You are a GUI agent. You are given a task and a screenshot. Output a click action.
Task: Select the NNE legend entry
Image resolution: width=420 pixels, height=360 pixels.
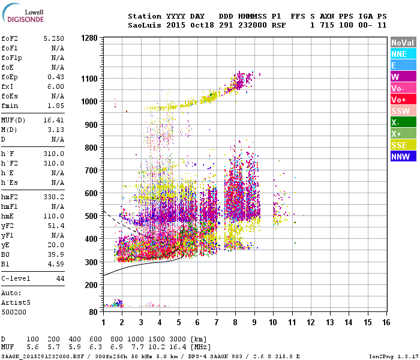click(403, 54)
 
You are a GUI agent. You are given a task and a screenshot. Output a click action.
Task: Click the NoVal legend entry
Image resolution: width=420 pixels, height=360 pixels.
click(403, 43)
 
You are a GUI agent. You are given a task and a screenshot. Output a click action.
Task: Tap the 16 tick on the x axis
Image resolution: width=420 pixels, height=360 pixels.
click(386, 322)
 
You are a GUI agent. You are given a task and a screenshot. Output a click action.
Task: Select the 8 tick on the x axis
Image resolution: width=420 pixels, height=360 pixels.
click(235, 322)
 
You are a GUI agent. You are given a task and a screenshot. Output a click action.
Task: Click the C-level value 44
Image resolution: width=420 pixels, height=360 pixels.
click(60, 279)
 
